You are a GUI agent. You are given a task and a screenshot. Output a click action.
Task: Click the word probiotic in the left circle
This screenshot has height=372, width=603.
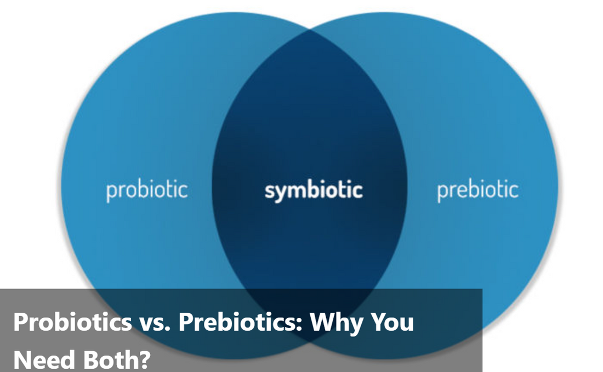click(x=147, y=190)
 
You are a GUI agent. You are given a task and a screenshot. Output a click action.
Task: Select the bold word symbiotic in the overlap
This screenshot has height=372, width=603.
click(x=314, y=190)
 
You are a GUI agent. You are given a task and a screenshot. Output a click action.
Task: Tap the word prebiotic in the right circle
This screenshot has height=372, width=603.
click(x=477, y=190)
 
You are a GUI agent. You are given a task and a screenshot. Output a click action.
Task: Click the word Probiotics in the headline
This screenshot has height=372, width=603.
click(x=73, y=322)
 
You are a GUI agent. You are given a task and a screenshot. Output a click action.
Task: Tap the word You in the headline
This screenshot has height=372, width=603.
click(x=389, y=322)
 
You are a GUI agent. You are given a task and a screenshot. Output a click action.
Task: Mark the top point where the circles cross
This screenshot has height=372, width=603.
click(x=310, y=29)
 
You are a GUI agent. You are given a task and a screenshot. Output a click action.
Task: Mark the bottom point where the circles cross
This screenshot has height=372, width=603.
click(x=310, y=342)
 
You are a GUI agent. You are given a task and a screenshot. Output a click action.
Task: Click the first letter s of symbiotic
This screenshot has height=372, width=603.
click(x=270, y=191)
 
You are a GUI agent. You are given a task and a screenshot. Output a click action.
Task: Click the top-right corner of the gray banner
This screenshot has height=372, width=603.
click(x=482, y=289)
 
